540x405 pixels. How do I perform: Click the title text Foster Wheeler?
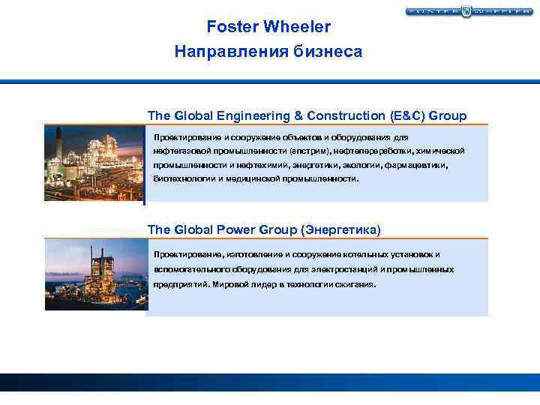click(x=268, y=27)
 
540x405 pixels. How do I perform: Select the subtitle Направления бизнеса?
click(x=268, y=52)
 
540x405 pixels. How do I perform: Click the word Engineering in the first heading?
click(x=234, y=115)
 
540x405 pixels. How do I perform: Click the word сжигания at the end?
click(x=357, y=285)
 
